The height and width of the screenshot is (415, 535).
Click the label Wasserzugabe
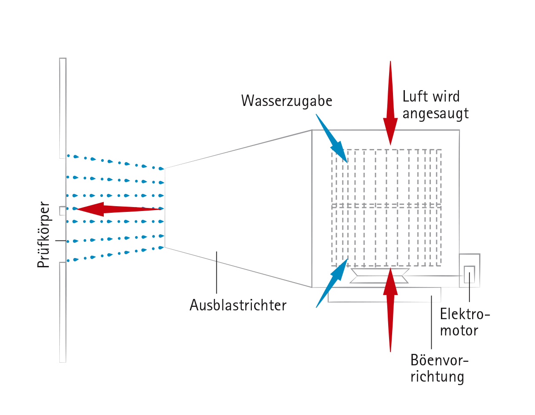point(287,101)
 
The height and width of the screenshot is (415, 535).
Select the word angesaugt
point(435,114)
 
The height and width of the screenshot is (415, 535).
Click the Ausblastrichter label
point(238,305)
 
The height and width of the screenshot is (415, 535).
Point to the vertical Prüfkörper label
point(44,234)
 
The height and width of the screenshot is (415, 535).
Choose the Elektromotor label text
point(464,322)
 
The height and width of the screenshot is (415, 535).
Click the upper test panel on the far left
point(63,108)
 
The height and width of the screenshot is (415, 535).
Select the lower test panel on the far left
point(63,312)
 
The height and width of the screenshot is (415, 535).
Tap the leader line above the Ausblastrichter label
point(217,273)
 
